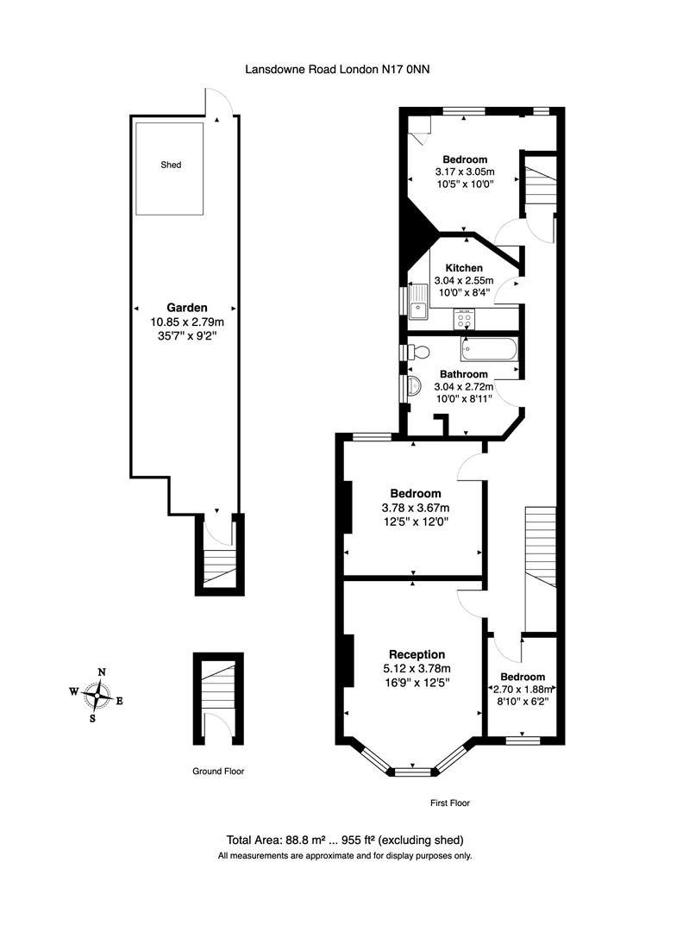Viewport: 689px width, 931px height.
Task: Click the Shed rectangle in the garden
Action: pos(170,168)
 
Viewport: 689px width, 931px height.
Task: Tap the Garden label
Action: pos(186,307)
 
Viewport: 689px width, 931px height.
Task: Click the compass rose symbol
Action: pos(101,692)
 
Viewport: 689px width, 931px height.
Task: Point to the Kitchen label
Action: pos(463,268)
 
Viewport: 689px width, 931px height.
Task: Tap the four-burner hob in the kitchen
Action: pos(464,320)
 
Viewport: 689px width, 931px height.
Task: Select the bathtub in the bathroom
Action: pos(489,349)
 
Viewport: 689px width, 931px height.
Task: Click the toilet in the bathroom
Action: pos(418,351)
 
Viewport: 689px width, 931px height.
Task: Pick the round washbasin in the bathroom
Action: pos(412,385)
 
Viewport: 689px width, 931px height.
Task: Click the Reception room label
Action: pos(417,654)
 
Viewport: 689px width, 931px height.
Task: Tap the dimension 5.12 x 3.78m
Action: pos(417,668)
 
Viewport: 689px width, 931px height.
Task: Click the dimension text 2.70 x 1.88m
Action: pos(522,690)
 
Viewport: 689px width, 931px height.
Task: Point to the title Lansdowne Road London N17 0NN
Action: pos(337,73)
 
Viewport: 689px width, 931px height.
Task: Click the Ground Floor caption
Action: pos(217,772)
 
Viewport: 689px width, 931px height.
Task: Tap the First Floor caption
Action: pos(449,803)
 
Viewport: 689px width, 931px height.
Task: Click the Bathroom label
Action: pos(464,374)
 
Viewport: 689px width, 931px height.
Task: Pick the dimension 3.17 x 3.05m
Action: pos(465,172)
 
